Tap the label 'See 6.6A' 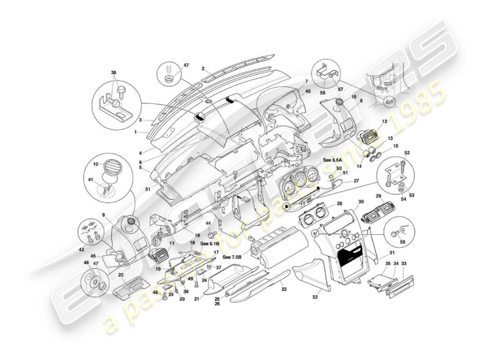point(332,160)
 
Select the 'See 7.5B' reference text point(233,257)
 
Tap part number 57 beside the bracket point(340,89)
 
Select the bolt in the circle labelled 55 point(395,234)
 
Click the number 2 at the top point(203,69)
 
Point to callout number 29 point(378,196)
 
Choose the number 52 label point(407,153)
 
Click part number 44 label point(208,224)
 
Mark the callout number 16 point(197,235)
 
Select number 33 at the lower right point(404,263)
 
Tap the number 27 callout point(356,180)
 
